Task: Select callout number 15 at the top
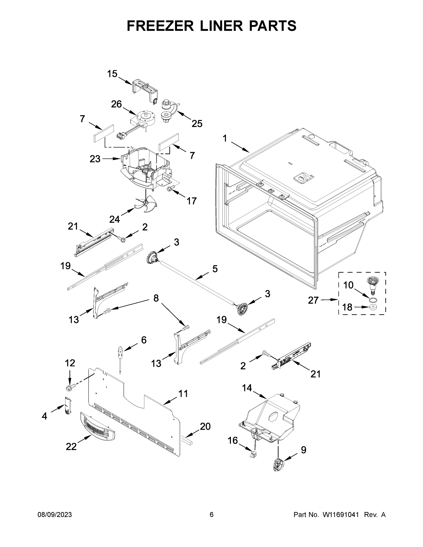(x=112, y=74)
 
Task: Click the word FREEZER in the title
(x=160, y=26)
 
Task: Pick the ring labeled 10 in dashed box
(x=373, y=299)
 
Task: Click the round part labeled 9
(x=278, y=465)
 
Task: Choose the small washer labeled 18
(x=373, y=307)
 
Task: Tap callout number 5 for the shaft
(x=215, y=269)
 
